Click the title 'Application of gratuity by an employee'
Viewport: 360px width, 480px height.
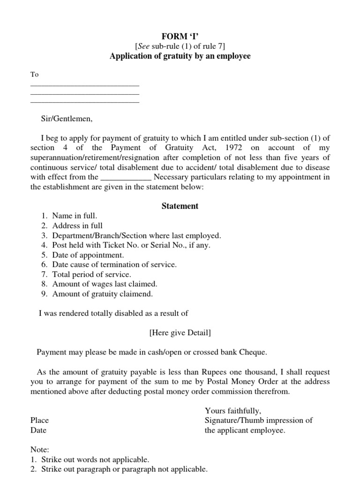click(x=180, y=56)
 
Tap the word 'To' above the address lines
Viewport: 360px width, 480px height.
click(x=35, y=75)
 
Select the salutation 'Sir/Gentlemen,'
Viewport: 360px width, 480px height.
click(x=67, y=119)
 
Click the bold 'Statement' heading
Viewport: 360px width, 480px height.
click(x=180, y=206)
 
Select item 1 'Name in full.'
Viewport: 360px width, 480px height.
click(x=75, y=216)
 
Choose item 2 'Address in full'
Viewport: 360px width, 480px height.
click(x=77, y=225)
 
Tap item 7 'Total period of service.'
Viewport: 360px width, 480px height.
click(x=91, y=275)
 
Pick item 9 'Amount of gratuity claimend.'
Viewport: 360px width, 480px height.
click(x=102, y=294)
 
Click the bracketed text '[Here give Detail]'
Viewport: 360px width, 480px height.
click(x=180, y=333)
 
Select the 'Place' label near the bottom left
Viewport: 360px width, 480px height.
click(x=39, y=420)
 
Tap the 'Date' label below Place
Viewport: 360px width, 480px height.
click(x=38, y=430)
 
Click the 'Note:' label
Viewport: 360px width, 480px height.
click(x=39, y=450)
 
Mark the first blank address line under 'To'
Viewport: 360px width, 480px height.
click(x=85, y=85)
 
